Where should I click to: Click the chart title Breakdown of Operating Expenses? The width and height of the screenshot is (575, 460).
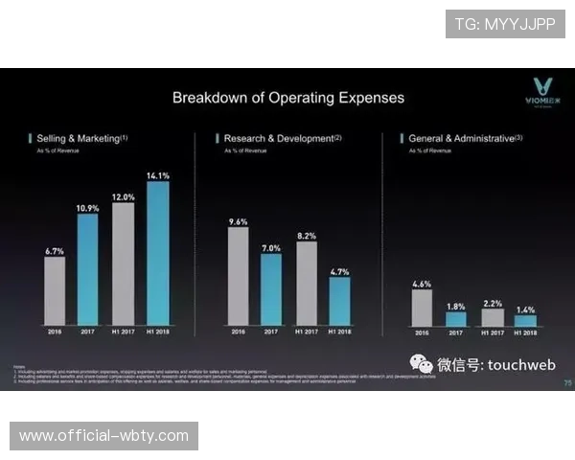[x=287, y=98]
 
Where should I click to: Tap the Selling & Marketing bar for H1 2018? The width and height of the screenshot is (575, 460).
[x=158, y=253]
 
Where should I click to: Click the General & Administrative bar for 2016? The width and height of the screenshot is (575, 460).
[x=422, y=308]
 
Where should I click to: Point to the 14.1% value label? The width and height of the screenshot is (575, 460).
[x=158, y=175]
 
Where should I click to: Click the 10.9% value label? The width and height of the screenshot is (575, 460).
[x=88, y=207]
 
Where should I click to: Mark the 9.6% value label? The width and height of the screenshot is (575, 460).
[x=238, y=221]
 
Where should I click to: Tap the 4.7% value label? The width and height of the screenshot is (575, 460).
[x=340, y=271]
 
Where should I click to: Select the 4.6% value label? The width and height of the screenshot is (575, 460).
[x=422, y=284]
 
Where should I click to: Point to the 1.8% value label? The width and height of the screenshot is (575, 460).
[x=456, y=306]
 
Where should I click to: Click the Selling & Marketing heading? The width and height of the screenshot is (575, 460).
[x=80, y=139]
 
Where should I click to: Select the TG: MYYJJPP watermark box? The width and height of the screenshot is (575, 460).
[x=505, y=24]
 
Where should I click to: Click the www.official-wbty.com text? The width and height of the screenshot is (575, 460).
[x=103, y=436]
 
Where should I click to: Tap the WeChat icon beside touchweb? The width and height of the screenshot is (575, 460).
[x=421, y=363]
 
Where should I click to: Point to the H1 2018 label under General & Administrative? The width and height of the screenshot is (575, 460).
[x=525, y=333]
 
